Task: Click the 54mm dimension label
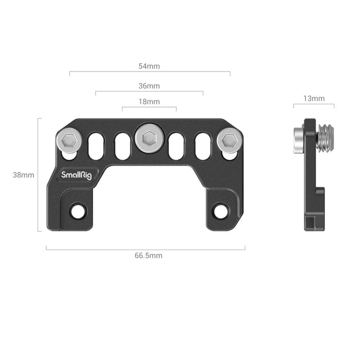click(x=149, y=66)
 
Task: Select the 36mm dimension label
click(x=149, y=86)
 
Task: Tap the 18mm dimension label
click(x=149, y=102)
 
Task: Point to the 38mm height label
click(x=24, y=175)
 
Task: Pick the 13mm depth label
click(x=314, y=98)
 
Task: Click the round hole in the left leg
click(x=78, y=210)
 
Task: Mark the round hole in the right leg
click(x=220, y=210)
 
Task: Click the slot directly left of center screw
click(x=122, y=146)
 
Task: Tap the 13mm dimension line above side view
click(x=314, y=105)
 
